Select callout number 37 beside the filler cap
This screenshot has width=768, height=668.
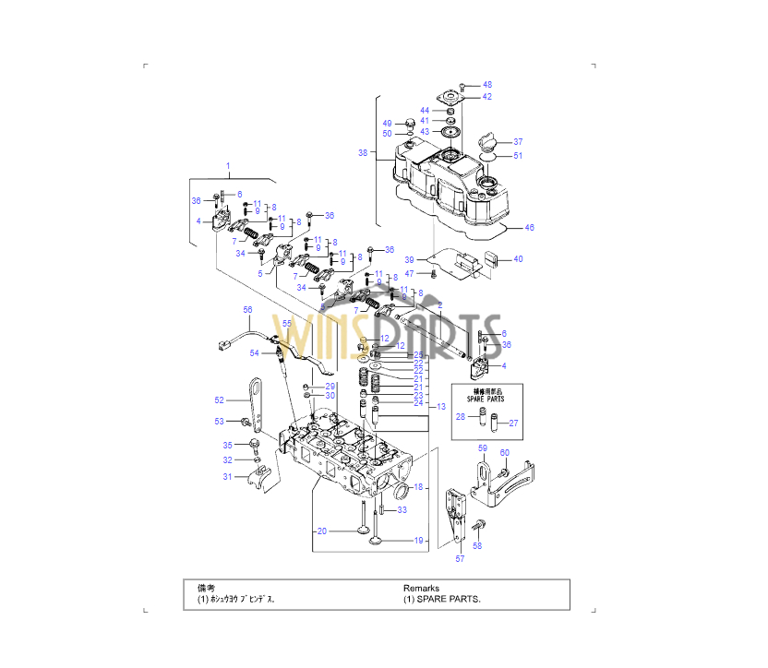[518, 142]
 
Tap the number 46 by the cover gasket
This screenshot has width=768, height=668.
[529, 227]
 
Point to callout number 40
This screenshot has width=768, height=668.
[518, 259]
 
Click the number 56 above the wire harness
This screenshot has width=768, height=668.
[247, 309]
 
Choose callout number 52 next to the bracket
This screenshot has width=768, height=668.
[220, 400]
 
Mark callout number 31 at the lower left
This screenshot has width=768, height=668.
[227, 476]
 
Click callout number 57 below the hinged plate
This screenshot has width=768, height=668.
[460, 558]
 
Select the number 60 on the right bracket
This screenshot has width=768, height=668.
[504, 452]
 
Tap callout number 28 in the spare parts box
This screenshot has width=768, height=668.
[461, 417]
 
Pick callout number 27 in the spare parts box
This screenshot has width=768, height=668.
[514, 423]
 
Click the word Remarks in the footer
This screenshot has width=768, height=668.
[421, 588]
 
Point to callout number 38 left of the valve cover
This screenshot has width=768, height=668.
[363, 152]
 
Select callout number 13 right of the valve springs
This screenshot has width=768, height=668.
[441, 406]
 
